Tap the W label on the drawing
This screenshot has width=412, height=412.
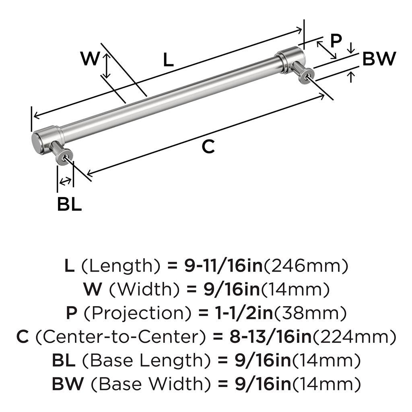click(90, 59)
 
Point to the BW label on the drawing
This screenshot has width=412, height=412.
click(379, 59)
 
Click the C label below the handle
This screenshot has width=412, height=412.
click(208, 147)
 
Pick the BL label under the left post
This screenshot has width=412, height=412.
click(69, 205)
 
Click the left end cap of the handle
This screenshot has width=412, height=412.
click(39, 142)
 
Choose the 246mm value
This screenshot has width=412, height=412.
click(306, 266)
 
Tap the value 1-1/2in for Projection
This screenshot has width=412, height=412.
click(230, 313)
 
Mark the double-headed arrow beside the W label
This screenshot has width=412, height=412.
click(107, 66)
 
